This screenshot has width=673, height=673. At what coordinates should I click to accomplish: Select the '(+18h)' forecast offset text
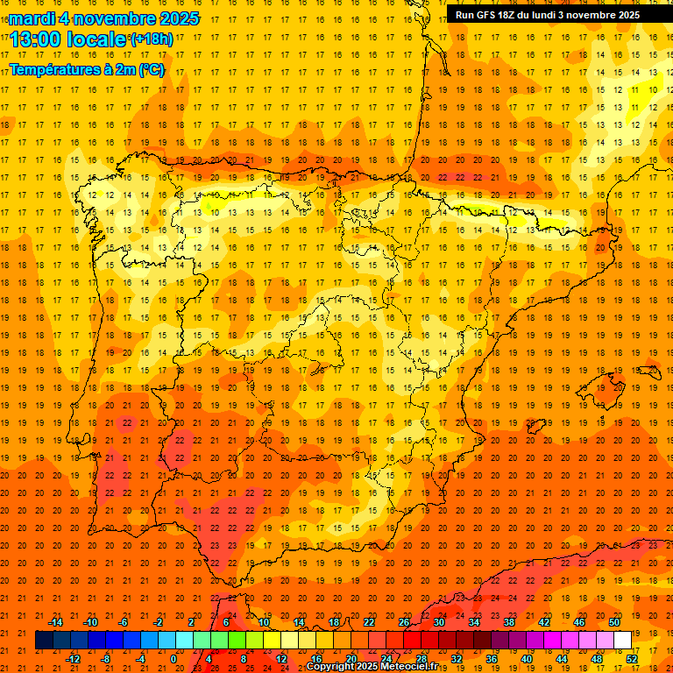151,39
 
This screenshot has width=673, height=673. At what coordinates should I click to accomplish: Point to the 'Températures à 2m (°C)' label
87,69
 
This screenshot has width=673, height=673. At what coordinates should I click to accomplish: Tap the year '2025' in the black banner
624,15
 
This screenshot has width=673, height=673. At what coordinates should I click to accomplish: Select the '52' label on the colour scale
633,659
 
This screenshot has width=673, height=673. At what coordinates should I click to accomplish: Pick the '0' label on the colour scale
174,659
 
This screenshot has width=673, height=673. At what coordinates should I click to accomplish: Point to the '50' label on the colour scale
614,622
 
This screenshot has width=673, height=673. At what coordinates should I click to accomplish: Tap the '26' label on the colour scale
404,622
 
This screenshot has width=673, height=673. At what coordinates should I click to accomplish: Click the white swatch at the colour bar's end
623,641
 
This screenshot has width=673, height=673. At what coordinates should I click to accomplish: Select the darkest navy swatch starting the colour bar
44,641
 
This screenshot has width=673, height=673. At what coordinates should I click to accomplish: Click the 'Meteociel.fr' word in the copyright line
409,667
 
